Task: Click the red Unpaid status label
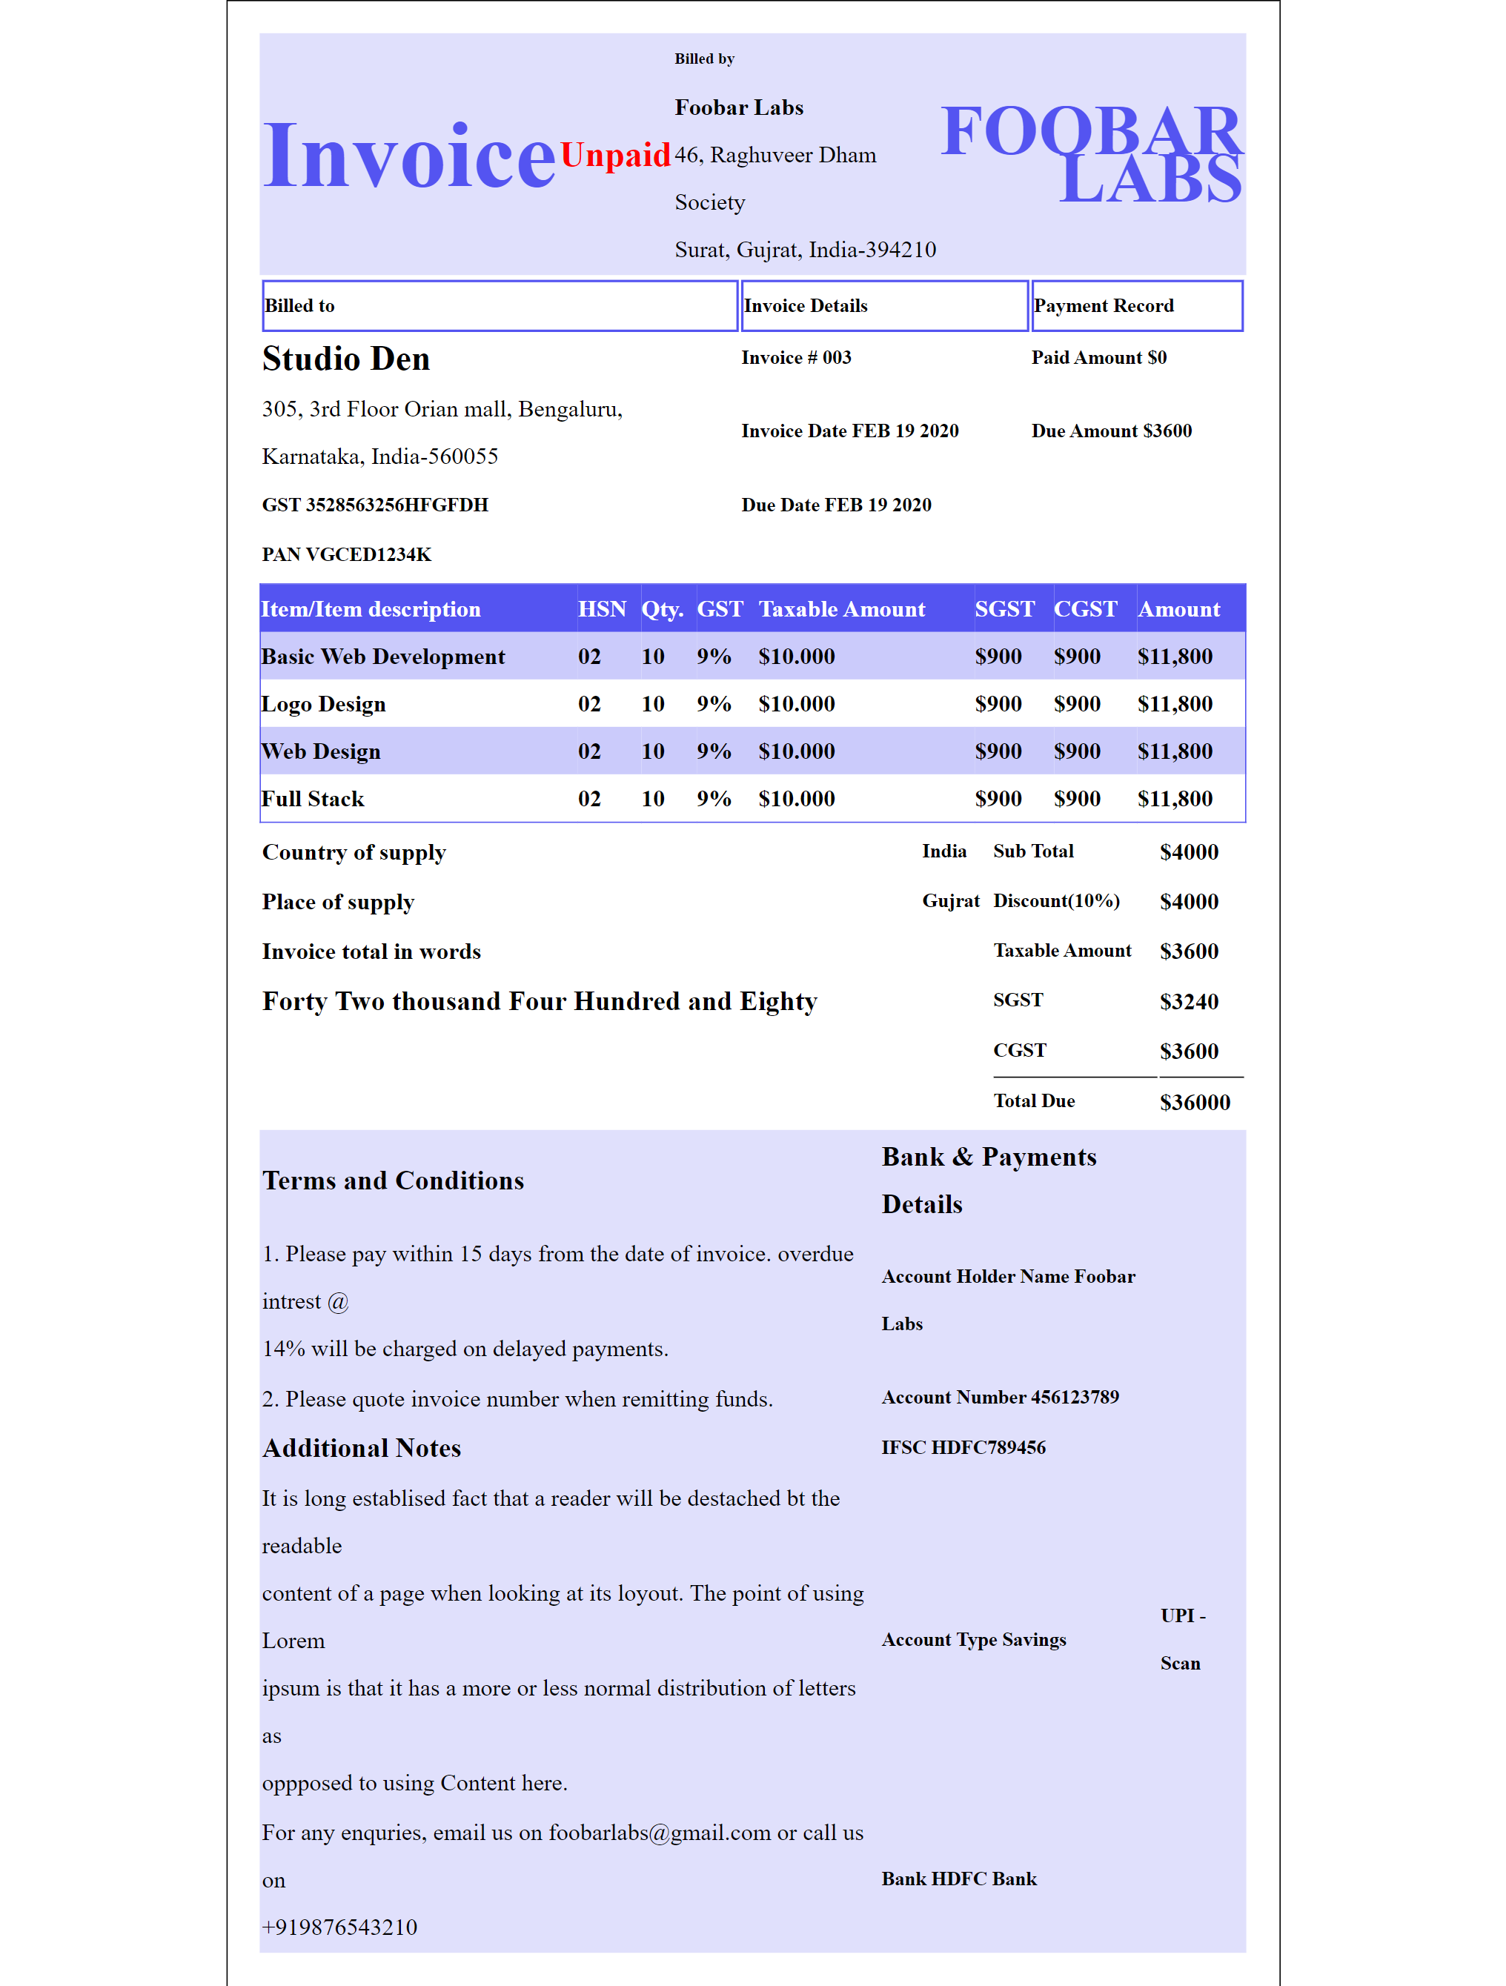tap(615, 156)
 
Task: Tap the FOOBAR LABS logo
tap(1091, 154)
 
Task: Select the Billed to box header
tap(500, 305)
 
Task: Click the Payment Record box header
tap(1136, 305)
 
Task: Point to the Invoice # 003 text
tap(796, 357)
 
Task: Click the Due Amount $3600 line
tap(1111, 431)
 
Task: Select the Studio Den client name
tap(345, 359)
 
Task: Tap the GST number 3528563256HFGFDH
tap(374, 505)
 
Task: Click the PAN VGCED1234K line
tap(347, 555)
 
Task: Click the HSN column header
tap(602, 610)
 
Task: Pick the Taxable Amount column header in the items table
tap(841, 610)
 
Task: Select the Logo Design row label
tap(323, 704)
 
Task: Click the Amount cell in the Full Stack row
tap(1175, 799)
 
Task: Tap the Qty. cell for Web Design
tap(653, 751)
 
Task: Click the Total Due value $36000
tap(1195, 1103)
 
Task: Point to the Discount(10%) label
tap(1056, 901)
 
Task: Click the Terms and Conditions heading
tap(394, 1180)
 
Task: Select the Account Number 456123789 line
tap(1000, 1397)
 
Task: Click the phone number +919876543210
tap(339, 1927)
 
